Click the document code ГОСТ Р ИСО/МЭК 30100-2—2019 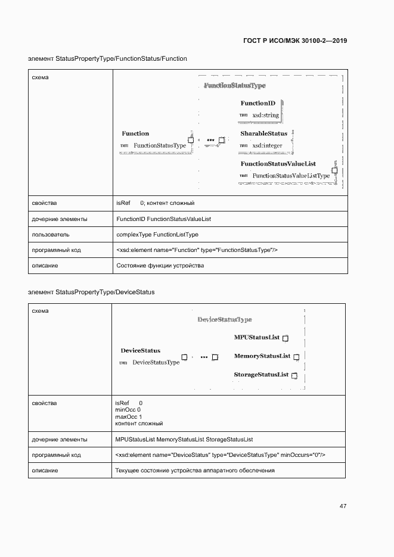(x=295, y=41)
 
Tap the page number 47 (x=343, y=506)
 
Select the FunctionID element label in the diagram (x=258, y=104)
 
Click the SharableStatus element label (x=263, y=134)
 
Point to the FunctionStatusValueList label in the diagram (x=278, y=164)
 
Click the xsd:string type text (x=265, y=115)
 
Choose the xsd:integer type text (x=267, y=145)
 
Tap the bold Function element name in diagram (x=135, y=134)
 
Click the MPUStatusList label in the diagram (x=257, y=338)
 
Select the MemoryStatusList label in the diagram (x=262, y=356)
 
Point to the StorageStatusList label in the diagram (x=261, y=375)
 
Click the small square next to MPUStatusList (x=285, y=338)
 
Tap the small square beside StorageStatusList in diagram (x=294, y=375)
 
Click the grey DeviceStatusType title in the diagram (x=225, y=320)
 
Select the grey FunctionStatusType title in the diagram (x=234, y=86)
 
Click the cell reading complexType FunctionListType (x=157, y=235)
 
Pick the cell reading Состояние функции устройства (x=160, y=266)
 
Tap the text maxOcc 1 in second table (x=128, y=417)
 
